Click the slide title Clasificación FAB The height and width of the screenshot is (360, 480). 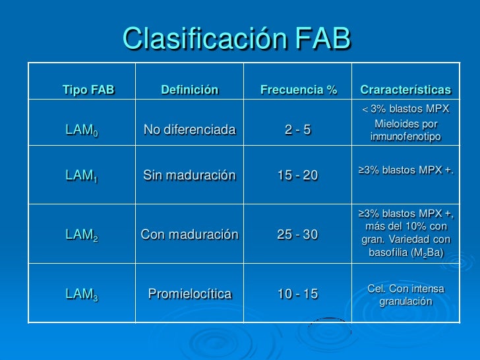tap(236, 40)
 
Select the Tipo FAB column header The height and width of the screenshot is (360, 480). tap(88, 90)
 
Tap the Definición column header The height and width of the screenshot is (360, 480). tap(189, 90)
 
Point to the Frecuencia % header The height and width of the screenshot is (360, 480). tap(298, 90)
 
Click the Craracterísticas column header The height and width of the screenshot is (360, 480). tap(405, 90)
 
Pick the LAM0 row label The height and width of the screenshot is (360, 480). tap(82, 131)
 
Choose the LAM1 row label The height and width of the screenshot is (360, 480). tap(82, 175)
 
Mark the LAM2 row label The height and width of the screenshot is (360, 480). tap(82, 234)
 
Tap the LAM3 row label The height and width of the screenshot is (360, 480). tap(82, 294)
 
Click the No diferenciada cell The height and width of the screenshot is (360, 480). tap(189, 130)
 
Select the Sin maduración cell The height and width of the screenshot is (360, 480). tap(189, 175)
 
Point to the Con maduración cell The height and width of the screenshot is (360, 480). tap(189, 234)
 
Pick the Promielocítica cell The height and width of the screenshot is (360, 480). tap(189, 294)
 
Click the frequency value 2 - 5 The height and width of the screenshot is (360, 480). tap(298, 130)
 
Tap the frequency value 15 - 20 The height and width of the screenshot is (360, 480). tap(298, 175)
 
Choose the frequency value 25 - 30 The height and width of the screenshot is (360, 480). tap(298, 234)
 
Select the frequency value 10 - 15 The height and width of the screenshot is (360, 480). tap(298, 294)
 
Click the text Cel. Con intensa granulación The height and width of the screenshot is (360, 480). tap(405, 295)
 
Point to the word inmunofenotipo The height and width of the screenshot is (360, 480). tap(405, 137)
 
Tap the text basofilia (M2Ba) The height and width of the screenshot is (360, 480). tap(405, 253)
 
